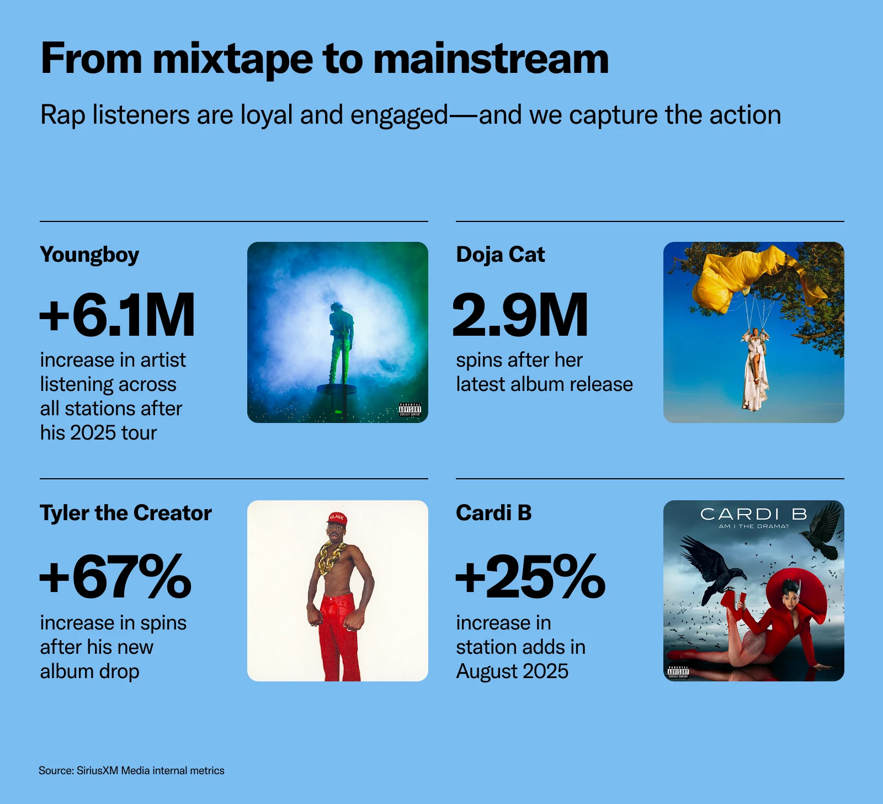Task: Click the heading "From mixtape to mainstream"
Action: [x=325, y=59]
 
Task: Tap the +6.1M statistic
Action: [x=117, y=315]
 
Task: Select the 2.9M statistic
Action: [x=520, y=315]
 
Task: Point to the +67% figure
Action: [x=115, y=576]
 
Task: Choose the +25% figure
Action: [x=531, y=576]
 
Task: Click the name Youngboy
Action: [x=89, y=255]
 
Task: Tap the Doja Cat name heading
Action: [x=501, y=255]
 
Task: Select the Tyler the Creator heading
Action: [x=126, y=513]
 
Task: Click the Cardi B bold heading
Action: [x=494, y=513]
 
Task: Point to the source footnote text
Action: [x=131, y=770]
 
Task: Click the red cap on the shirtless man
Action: [x=336, y=519]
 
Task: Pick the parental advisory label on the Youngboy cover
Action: [x=410, y=409]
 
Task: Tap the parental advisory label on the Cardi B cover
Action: [x=678, y=671]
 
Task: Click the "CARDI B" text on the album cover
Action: [x=754, y=514]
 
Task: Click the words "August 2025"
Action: [x=512, y=671]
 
